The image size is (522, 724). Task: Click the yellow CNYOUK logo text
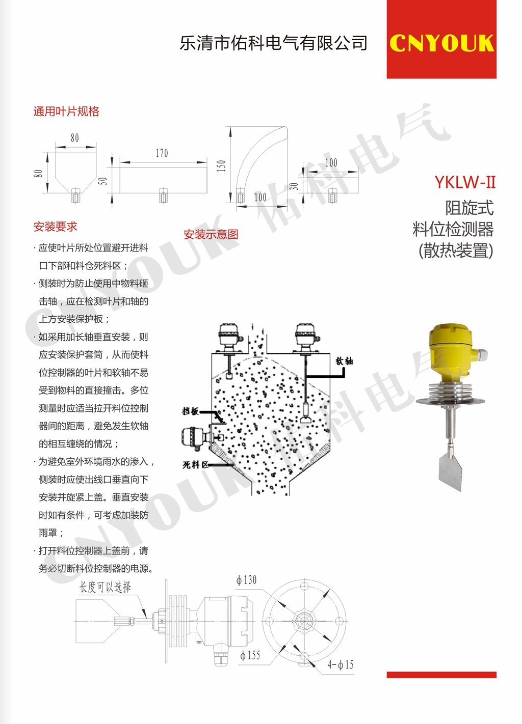tap(442, 43)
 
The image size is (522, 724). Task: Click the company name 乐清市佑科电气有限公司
tap(273, 43)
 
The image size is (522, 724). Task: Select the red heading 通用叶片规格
tap(66, 111)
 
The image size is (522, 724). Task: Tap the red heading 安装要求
tap(56, 227)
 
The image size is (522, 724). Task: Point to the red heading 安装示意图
tap(211, 234)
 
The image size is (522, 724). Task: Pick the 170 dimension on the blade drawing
tap(162, 153)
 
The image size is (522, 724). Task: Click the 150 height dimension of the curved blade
tap(221, 166)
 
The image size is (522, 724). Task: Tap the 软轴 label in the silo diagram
tap(344, 361)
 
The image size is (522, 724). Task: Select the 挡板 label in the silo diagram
tap(190, 411)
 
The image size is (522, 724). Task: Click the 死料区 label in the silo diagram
tap(195, 465)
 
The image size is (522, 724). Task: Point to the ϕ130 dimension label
tap(246, 580)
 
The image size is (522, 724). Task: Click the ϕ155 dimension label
tap(250, 655)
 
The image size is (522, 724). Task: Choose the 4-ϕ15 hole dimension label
tap(341, 664)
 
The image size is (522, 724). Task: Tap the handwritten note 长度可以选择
tap(105, 587)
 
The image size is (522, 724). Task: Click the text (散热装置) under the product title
tap(456, 250)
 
